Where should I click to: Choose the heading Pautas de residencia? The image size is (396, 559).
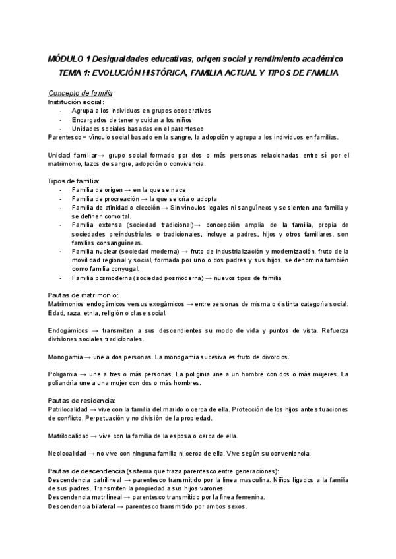tap(82, 400)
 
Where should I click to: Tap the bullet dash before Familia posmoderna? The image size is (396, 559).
tap(61, 278)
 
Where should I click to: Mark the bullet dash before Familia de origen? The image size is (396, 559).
tap(61, 190)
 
